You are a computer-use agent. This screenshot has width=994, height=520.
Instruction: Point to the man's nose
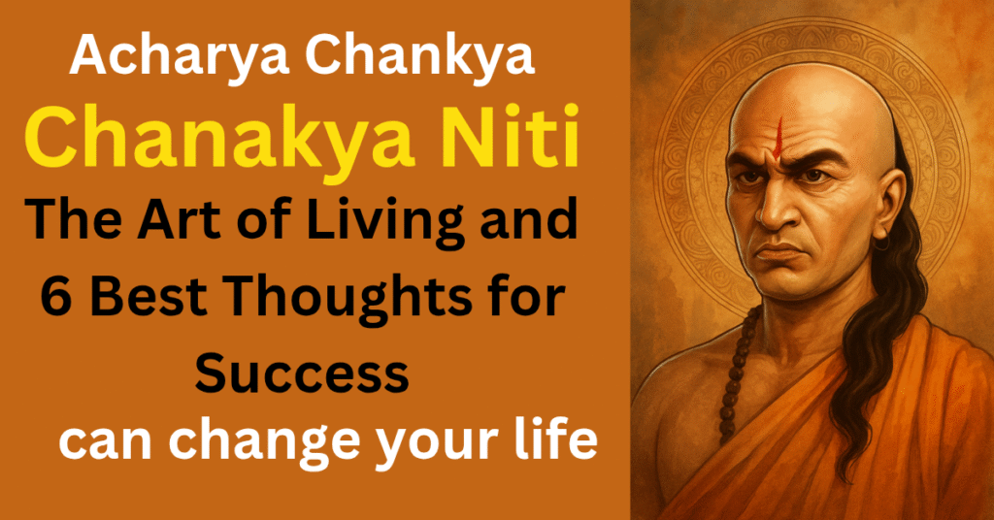[777, 209]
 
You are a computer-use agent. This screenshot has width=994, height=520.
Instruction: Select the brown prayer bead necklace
[736, 368]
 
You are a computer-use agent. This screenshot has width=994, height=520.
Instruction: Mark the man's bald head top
[812, 95]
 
